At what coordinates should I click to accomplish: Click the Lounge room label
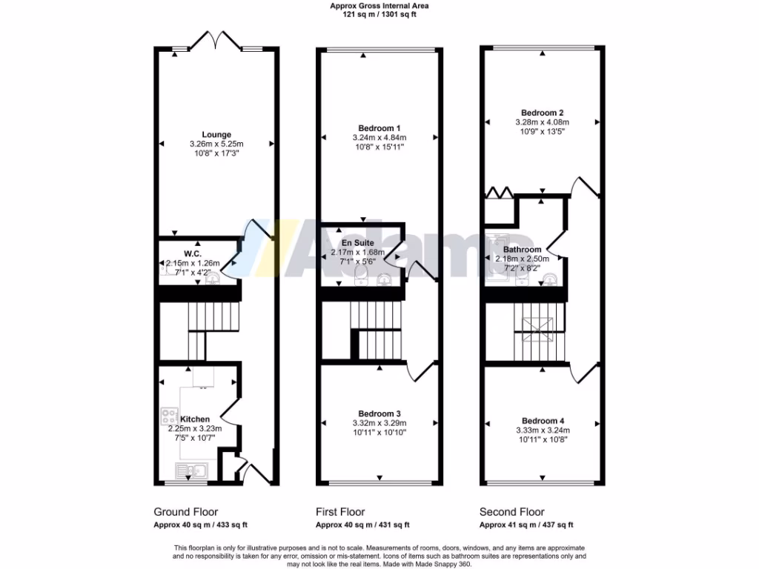click(x=216, y=134)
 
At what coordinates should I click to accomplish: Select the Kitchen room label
click(x=195, y=419)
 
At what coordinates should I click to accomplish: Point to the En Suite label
click(x=358, y=242)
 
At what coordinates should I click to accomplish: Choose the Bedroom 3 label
click(x=379, y=413)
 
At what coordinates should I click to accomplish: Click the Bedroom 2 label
click(x=543, y=112)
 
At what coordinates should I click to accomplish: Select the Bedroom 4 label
click(x=543, y=419)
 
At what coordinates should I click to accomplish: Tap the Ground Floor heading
click(x=185, y=512)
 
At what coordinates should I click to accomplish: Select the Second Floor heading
click(x=511, y=512)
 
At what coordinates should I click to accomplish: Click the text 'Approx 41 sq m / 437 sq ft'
click(x=526, y=525)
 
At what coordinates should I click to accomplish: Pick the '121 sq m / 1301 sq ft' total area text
click(x=379, y=14)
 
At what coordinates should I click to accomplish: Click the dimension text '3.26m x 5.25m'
click(x=216, y=144)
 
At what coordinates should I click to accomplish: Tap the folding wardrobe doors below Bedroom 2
click(x=498, y=193)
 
